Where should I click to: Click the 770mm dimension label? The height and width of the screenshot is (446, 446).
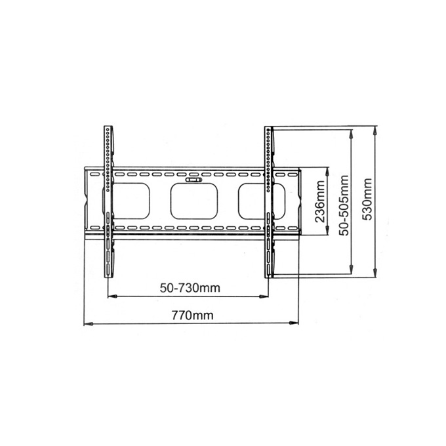(192, 315)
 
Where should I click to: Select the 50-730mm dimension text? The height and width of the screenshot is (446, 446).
(190, 288)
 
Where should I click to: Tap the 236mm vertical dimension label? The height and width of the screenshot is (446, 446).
(320, 201)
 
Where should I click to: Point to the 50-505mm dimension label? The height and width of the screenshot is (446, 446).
(344, 205)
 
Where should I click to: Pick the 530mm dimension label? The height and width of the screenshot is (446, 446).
(369, 199)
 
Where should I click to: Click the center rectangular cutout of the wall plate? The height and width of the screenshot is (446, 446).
(194, 201)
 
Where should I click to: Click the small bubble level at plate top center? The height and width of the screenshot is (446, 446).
(193, 180)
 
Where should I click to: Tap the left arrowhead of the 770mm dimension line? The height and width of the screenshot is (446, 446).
(89, 324)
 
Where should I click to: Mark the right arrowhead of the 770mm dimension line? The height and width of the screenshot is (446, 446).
(294, 323)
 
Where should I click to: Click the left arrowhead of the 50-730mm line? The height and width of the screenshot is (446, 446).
(112, 296)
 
